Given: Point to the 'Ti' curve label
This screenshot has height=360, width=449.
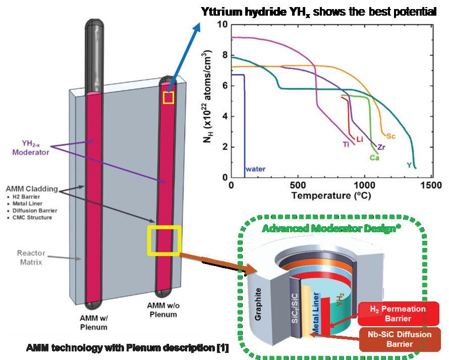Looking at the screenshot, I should pyautogui.click(x=347, y=144).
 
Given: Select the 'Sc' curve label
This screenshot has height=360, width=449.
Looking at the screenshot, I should pyautogui.click(x=390, y=136).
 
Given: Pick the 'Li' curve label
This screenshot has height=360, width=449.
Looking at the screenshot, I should pyautogui.click(x=360, y=138).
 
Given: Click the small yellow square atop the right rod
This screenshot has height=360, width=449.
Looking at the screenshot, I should pyautogui.click(x=169, y=97).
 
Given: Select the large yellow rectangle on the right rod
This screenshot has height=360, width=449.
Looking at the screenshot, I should pyautogui.click(x=164, y=241).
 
